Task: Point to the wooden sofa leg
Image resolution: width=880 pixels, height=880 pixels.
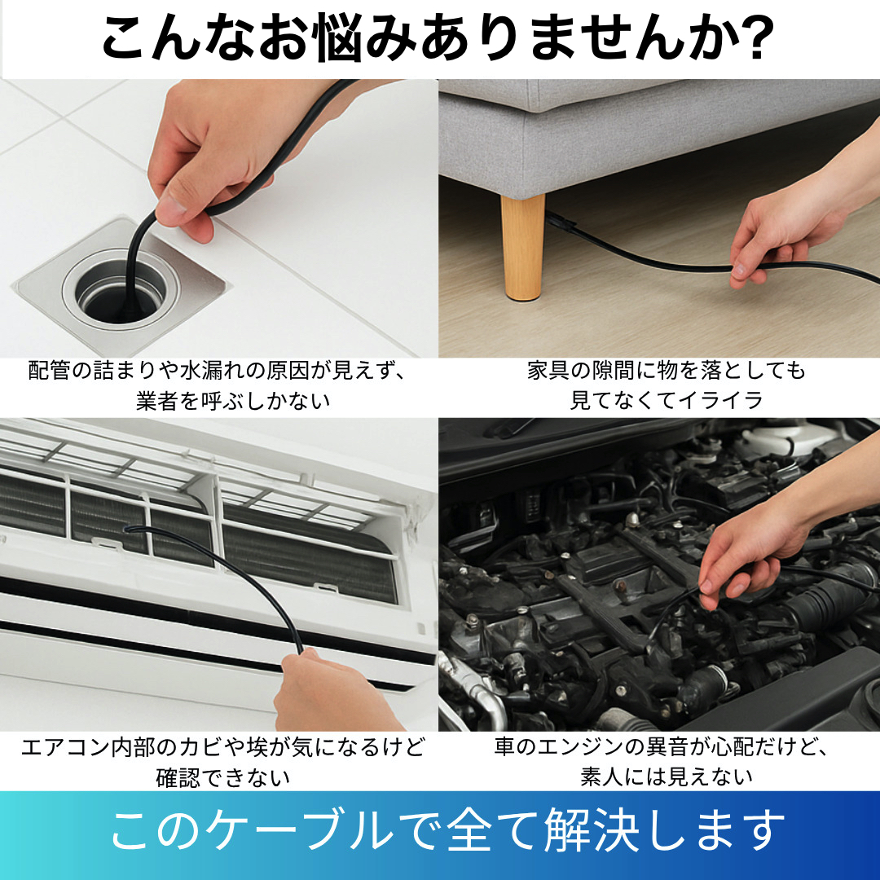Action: [x=522, y=247]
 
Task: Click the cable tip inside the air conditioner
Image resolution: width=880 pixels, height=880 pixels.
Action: [x=129, y=529]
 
